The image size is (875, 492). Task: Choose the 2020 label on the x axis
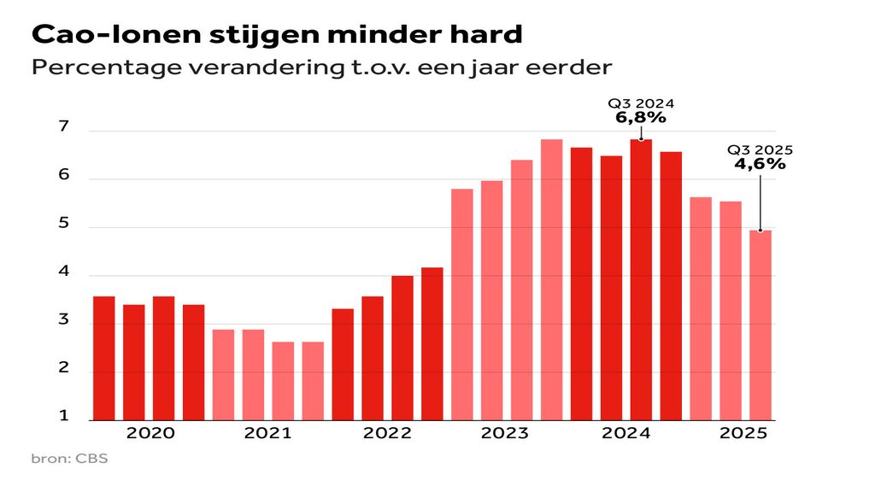[150, 433]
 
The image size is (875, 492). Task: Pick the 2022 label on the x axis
[387, 433]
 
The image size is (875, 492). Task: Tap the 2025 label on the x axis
[743, 433]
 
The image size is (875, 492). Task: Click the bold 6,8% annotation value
[641, 118]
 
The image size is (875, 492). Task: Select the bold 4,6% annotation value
[760, 163]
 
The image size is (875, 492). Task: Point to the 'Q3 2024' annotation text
[641, 104]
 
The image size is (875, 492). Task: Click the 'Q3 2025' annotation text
[760, 149]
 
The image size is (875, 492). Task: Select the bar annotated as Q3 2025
[760, 325]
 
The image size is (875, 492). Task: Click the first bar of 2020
[104, 358]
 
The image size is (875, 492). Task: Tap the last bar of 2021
[313, 381]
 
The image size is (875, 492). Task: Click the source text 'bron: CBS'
[70, 460]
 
